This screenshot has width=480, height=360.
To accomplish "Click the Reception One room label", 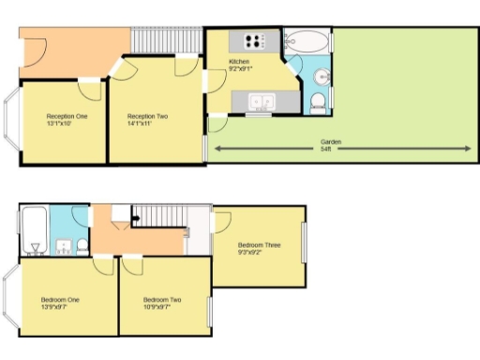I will tap(67, 120).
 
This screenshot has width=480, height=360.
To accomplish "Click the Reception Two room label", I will tap(147, 120).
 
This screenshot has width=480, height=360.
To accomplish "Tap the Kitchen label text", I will tap(239, 65).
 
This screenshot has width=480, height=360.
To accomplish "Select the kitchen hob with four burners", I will tap(254, 40).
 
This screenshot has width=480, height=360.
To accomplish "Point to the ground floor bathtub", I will tap(307, 41).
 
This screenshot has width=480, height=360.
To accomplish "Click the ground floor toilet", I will tap(318, 101).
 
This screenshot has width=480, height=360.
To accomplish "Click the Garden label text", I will tap(331, 144).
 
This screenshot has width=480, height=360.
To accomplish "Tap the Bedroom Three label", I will tap(259, 248).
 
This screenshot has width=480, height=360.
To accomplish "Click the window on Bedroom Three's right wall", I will tap(303, 245).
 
